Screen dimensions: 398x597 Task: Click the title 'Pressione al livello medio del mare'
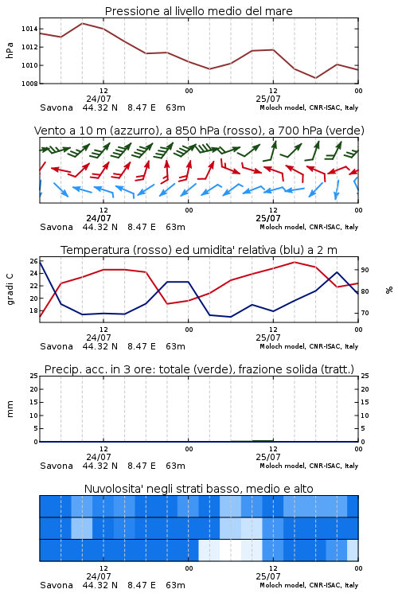coord(198,11)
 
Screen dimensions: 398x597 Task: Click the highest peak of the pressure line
coord(82,23)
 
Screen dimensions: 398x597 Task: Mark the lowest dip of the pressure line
coord(315,78)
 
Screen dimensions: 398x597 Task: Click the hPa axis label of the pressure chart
coord(10,50)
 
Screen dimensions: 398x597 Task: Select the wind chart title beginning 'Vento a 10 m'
coord(199,131)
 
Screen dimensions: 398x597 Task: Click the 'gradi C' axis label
coord(10,289)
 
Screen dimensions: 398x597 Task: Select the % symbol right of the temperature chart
coord(389,290)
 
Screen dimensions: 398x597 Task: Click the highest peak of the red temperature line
coord(295,262)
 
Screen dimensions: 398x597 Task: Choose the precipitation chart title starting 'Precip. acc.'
coord(199,369)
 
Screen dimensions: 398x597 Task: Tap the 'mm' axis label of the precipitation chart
coord(10,408)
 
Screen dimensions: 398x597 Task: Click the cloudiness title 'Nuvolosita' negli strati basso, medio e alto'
coord(198,489)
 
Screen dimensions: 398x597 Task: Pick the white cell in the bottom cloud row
coord(230,550)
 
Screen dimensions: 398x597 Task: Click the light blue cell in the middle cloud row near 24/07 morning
coord(82,528)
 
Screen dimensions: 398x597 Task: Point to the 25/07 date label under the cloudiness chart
coord(267,576)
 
